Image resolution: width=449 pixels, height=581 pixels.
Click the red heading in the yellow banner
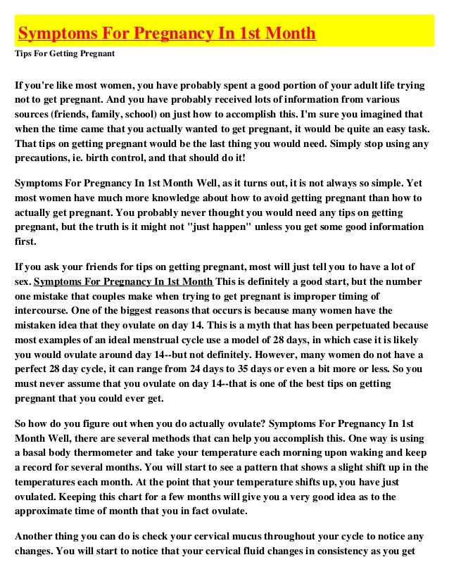pos(167,34)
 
